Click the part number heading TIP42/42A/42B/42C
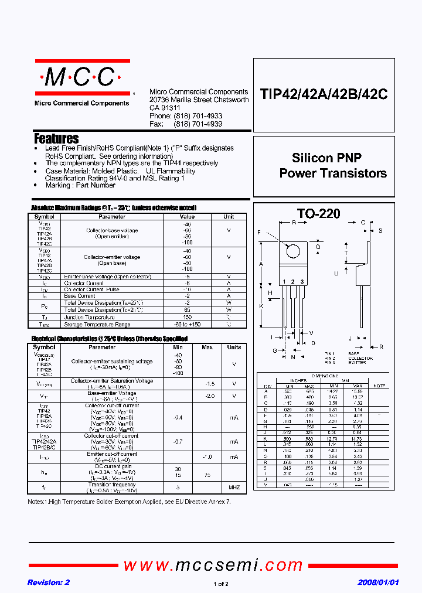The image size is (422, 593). coord(324,95)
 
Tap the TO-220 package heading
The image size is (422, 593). coord(318,214)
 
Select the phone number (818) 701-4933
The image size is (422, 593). coord(198,117)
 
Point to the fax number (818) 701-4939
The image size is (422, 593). coord(198,124)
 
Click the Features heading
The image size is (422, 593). coord(56,139)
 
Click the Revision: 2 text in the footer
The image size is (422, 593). coord(49,582)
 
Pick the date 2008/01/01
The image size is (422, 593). coord(378,582)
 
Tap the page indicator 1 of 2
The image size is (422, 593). coord(221,584)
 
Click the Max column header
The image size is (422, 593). coord(207,347)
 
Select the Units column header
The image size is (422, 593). coord(234,347)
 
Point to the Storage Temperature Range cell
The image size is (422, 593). coord(97,324)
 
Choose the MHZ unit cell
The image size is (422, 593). coord(234,488)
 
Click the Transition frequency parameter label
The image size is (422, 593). coord(112,485)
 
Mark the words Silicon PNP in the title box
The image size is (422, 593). coord(326,158)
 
